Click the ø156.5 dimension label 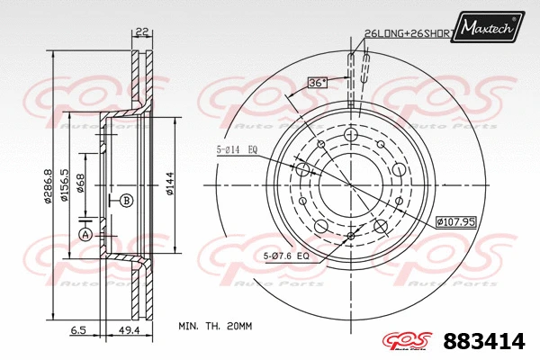coord(66,186)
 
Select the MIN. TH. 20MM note coord(216,325)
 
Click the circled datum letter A coord(85,235)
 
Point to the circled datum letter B coord(127,199)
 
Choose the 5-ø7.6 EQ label coord(287,257)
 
